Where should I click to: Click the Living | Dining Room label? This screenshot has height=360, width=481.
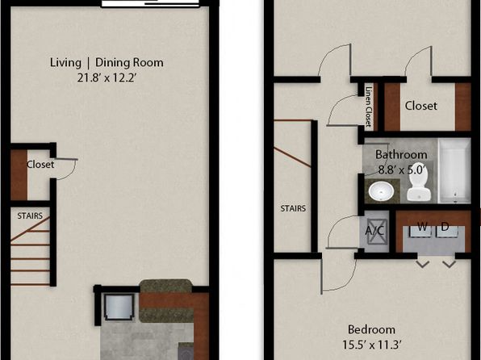107,63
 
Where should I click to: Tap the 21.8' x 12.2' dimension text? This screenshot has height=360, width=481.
107,77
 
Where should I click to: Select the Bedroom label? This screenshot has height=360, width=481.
371,329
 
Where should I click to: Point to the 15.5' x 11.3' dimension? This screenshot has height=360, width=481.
371,345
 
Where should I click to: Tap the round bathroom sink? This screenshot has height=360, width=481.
381,190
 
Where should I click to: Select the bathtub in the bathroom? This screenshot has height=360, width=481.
454,170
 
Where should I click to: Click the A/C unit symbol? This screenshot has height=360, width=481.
374,231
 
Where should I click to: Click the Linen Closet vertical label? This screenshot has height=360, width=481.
369,107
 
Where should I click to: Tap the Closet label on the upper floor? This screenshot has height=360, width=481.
421,106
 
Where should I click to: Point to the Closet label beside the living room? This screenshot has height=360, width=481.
40,165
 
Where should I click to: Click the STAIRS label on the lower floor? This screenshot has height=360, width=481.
30,216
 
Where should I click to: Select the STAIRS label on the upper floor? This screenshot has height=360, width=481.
293,209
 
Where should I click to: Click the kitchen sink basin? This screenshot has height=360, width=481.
119,307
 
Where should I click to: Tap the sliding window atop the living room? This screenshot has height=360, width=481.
150,3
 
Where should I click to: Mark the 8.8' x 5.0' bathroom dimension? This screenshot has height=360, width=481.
402,170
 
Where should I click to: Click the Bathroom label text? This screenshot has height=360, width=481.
401,154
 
